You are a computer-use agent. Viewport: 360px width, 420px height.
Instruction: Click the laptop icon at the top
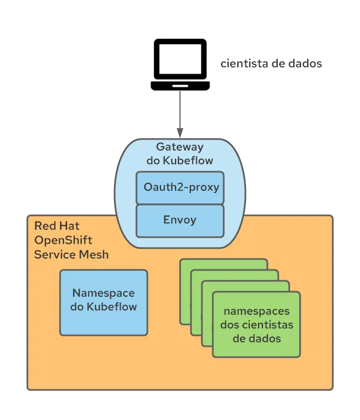point(180,64)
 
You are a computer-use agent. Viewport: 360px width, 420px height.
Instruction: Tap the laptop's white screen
point(180,59)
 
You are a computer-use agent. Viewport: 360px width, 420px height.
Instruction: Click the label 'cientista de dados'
point(271,63)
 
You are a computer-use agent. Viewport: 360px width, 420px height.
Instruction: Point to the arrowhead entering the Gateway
point(180,133)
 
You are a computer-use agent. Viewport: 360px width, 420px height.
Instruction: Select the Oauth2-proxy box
point(180,188)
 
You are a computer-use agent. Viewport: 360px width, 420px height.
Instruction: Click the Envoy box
point(180,220)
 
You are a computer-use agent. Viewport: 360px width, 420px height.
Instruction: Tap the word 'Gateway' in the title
point(180,147)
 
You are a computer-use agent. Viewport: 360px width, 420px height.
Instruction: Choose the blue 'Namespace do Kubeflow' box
point(104,302)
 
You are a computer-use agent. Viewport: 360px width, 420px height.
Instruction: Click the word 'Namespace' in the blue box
point(104,293)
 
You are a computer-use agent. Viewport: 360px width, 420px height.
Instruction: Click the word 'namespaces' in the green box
point(257,311)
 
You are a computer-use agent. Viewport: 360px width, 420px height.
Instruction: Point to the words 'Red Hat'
point(57,226)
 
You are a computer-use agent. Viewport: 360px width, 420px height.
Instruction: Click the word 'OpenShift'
point(63,240)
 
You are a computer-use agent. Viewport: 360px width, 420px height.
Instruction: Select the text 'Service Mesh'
point(71,254)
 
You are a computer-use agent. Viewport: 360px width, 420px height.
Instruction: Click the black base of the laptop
point(180,86)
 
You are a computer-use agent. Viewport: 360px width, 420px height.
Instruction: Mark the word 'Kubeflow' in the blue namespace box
point(111,307)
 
